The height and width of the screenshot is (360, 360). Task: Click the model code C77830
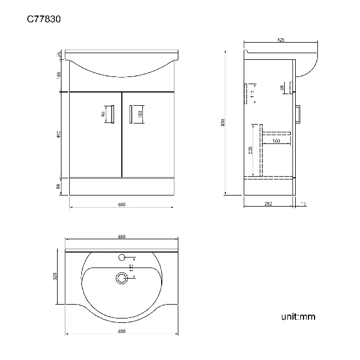pyautogui.click(x=44, y=19)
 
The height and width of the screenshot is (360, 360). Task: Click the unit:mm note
pyautogui.click(x=298, y=317)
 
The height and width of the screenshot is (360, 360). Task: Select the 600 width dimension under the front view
pyautogui.click(x=121, y=204)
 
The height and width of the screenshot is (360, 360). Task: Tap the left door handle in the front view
pyautogui.click(x=112, y=114)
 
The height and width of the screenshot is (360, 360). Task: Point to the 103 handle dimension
pyautogui.click(x=141, y=114)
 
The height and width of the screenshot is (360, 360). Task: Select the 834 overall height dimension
pyautogui.click(x=223, y=122)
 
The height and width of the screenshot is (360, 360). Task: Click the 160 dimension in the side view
pyautogui.click(x=275, y=141)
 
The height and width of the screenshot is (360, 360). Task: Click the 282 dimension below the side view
pyautogui.click(x=268, y=204)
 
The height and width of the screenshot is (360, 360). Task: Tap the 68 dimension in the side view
pyautogui.click(x=282, y=88)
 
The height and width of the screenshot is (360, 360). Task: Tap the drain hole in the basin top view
pyautogui.click(x=121, y=278)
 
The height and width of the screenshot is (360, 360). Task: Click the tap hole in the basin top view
pyautogui.click(x=121, y=258)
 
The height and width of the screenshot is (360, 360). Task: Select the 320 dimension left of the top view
pyautogui.click(x=55, y=276)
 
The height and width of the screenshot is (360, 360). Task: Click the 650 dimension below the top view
pyautogui.click(x=121, y=331)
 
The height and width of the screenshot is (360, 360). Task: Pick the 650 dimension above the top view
pyautogui.click(x=121, y=236)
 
